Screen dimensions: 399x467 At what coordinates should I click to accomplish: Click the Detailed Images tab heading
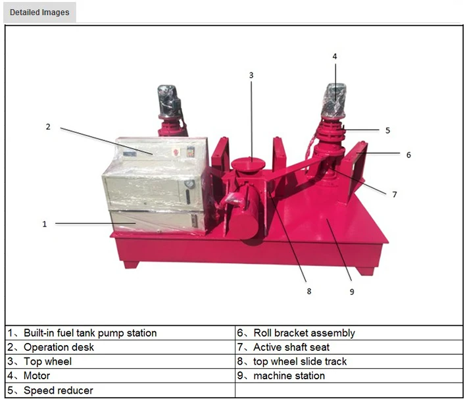tap(39, 12)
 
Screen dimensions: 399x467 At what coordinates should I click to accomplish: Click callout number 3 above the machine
tap(251, 76)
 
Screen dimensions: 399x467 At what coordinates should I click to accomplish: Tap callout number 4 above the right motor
tap(334, 57)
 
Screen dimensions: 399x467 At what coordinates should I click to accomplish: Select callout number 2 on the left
tap(48, 126)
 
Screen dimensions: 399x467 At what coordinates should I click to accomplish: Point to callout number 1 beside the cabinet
tap(45, 224)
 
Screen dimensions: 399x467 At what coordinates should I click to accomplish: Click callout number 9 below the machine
tap(351, 291)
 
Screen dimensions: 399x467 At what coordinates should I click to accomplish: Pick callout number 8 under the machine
tap(308, 290)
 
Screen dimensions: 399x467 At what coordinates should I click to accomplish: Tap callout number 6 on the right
tap(408, 155)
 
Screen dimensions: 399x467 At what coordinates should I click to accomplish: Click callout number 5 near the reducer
tap(387, 130)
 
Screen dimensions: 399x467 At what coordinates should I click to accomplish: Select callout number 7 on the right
tap(394, 194)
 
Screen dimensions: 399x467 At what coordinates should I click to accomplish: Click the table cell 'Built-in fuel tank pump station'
tap(90, 333)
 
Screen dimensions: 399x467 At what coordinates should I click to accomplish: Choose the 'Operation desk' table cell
tap(59, 347)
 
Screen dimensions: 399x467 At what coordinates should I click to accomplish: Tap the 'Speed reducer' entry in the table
tap(58, 390)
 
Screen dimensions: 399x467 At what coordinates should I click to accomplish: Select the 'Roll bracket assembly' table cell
tap(304, 333)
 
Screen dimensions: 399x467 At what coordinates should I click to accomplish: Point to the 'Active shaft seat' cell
tap(291, 347)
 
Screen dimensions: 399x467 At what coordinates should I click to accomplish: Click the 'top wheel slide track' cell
tap(300, 361)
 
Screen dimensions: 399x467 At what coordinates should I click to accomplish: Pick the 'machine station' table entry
tap(289, 376)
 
